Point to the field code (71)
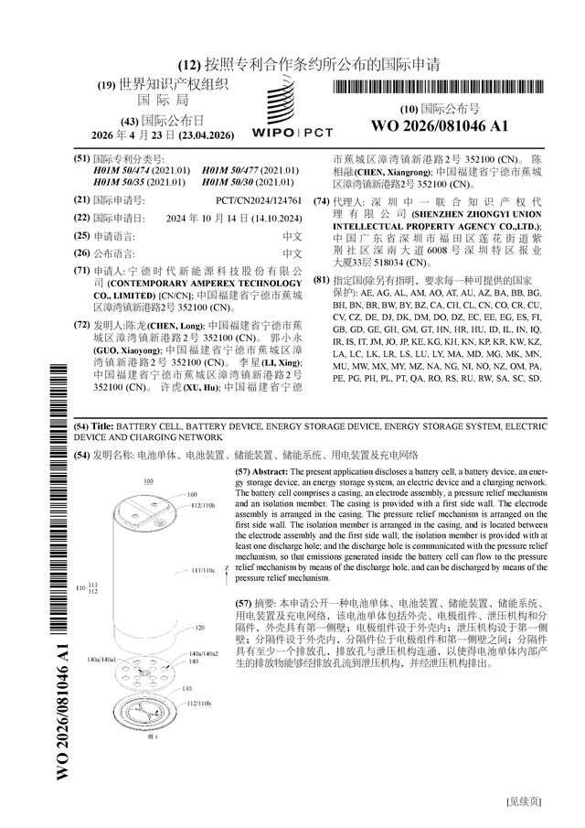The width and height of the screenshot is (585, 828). point(80,271)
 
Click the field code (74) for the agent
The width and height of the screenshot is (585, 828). point(321,200)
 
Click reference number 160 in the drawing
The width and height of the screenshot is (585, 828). point(192,494)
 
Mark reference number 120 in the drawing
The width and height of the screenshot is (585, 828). point(198,629)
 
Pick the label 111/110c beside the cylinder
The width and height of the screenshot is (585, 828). point(202,570)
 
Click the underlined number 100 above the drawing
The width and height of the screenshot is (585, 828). point(149,479)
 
